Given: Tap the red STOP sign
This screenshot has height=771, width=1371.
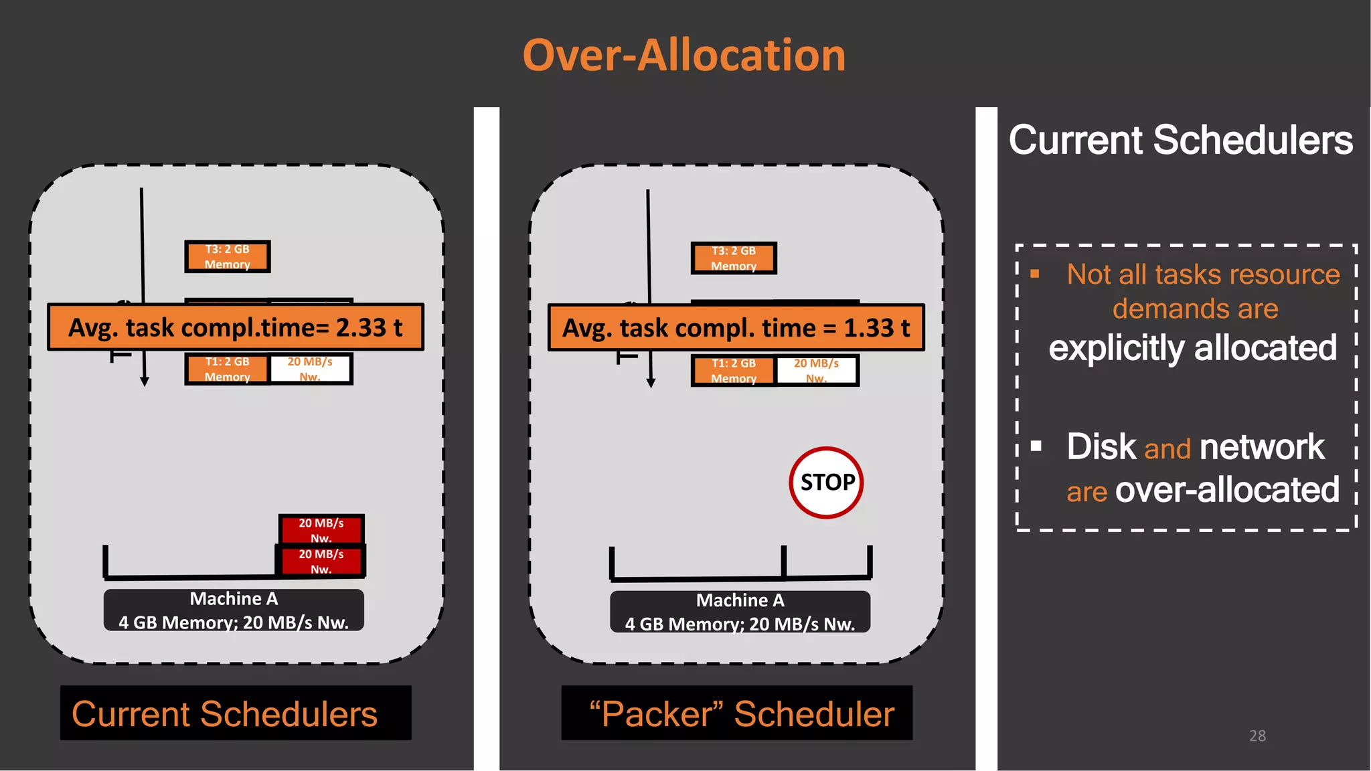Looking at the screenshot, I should (x=827, y=483).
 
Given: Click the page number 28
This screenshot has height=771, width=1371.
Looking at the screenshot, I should (x=1257, y=736).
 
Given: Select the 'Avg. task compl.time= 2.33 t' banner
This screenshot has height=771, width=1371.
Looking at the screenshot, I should (x=235, y=327).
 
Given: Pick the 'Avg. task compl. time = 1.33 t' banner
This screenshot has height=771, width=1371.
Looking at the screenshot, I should (x=736, y=328).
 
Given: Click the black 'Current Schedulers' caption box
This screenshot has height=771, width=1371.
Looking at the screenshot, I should (x=236, y=713).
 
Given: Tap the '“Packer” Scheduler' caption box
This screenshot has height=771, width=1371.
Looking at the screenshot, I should (x=736, y=713).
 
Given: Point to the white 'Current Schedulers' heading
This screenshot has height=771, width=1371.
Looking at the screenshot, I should (x=1180, y=140).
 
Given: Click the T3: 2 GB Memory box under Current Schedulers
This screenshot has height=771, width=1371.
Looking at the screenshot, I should (x=228, y=256).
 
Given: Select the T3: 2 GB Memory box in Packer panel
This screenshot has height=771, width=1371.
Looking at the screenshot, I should (x=734, y=258).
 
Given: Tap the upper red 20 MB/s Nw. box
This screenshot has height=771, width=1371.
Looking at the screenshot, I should (x=321, y=529).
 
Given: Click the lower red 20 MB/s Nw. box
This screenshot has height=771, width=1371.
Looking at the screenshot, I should (x=321, y=561).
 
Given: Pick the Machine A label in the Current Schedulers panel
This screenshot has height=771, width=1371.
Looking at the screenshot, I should (x=234, y=610).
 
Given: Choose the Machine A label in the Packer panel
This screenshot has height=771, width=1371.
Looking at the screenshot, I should (x=740, y=611).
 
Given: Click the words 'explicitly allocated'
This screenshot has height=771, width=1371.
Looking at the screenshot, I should (x=1192, y=348).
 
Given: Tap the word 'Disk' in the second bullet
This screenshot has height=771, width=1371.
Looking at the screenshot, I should (x=1101, y=447).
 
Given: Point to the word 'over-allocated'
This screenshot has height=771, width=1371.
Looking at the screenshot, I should (x=1227, y=490).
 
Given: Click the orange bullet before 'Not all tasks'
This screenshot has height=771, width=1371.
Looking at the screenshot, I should (x=1035, y=274).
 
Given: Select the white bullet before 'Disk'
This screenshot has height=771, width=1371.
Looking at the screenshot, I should (x=1036, y=446).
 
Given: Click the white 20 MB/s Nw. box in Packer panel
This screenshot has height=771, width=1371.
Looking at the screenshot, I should (x=816, y=370).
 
